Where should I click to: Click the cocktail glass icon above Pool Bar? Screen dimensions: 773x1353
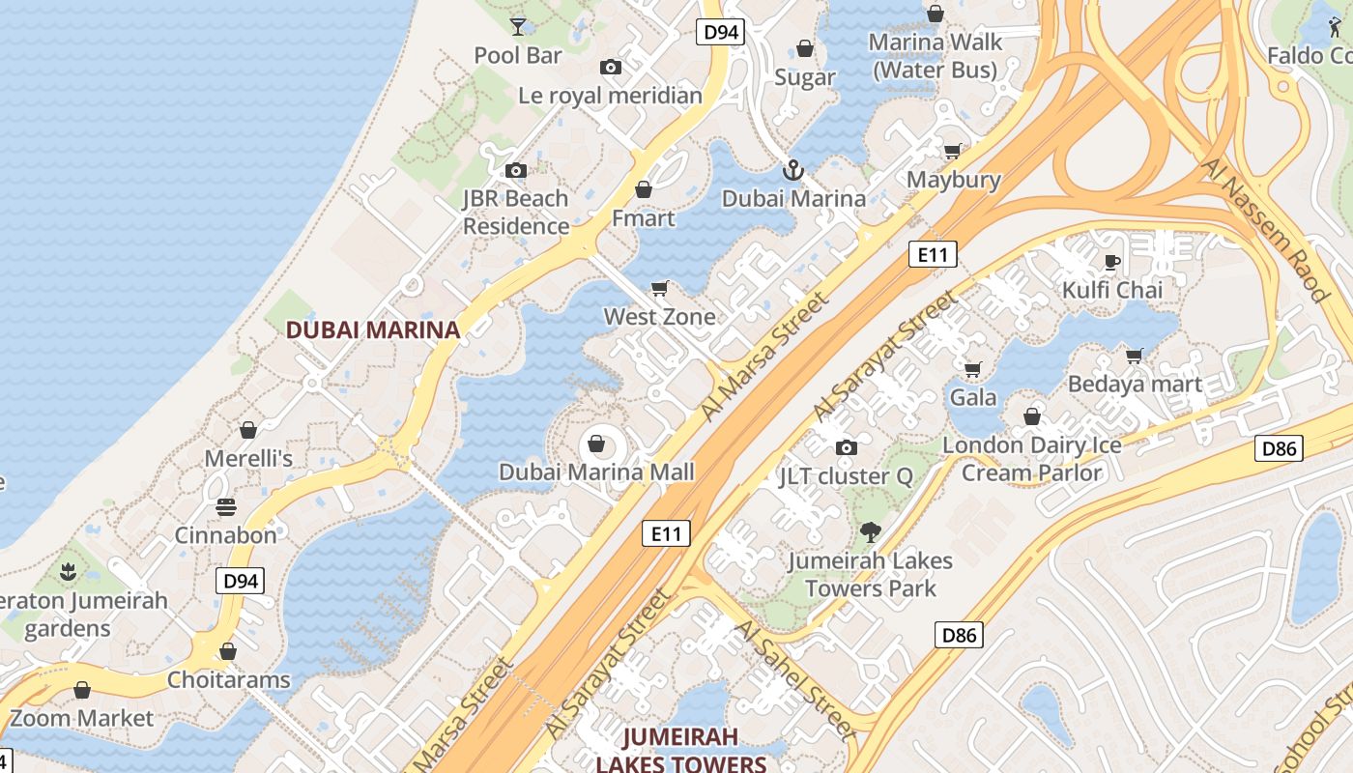518,26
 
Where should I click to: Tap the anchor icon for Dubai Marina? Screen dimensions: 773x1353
792,171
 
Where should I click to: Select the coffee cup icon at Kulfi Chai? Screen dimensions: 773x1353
1112,262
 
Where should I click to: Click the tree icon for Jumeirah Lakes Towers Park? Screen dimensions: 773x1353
870,531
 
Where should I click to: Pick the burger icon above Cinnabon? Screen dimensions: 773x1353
226,507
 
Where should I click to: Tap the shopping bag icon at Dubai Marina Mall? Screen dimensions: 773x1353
596,444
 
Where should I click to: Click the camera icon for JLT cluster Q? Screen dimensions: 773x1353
846,447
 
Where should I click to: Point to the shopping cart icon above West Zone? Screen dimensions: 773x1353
660,288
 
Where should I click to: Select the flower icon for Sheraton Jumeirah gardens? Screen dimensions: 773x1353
68,571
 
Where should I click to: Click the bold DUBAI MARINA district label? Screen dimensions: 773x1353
373,329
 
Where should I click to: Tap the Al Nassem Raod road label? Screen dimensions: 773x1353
1265,229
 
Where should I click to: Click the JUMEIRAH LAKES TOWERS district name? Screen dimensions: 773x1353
680,750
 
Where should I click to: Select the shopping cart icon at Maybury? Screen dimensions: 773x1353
952,151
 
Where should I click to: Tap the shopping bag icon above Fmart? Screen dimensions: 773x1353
644,189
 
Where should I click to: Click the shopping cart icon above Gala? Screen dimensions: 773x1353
973,369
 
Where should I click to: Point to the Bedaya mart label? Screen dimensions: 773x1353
1135,384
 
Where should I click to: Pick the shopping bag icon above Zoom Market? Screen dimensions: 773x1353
82,690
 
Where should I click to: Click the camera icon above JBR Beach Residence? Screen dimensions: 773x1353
516,171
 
